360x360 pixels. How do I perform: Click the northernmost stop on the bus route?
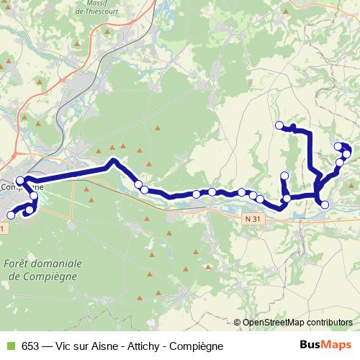pyautogui.click(x=279, y=126)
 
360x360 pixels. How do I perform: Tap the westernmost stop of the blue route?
pyautogui.click(x=11, y=215)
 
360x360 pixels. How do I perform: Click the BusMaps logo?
pyautogui.click(x=330, y=346)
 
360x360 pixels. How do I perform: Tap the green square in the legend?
pyautogui.click(x=9, y=346)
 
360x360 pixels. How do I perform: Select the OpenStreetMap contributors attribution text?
pyautogui.click(x=297, y=323)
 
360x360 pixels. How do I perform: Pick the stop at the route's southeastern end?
pyautogui.click(x=324, y=204)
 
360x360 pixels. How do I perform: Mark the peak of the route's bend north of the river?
pyautogui.click(x=112, y=161)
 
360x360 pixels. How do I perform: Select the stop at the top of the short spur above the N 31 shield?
pyautogui.click(x=284, y=176)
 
